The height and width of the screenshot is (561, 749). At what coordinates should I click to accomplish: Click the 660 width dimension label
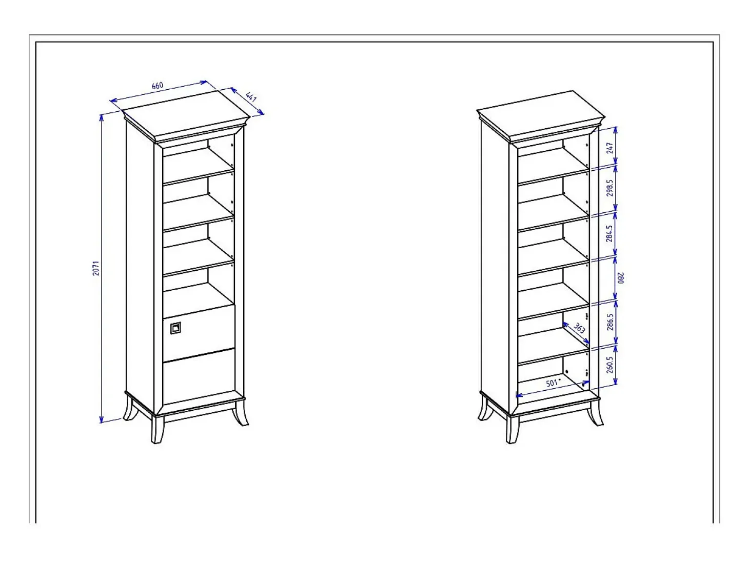pyautogui.click(x=157, y=86)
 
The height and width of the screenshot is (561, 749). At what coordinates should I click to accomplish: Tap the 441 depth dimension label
pyautogui.click(x=251, y=97)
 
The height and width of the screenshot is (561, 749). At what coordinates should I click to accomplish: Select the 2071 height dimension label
pyautogui.click(x=96, y=268)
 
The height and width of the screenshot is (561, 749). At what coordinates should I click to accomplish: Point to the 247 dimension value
pyautogui.click(x=610, y=148)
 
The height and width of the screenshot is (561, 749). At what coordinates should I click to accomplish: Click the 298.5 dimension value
pyautogui.click(x=610, y=188)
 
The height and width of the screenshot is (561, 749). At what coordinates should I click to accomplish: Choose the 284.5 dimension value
pyautogui.click(x=610, y=234)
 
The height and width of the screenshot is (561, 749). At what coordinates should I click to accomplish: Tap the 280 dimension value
pyautogui.click(x=620, y=278)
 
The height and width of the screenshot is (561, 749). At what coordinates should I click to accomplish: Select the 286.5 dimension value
pyautogui.click(x=610, y=322)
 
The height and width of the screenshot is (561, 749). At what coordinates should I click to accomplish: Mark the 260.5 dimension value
pyautogui.click(x=610, y=365)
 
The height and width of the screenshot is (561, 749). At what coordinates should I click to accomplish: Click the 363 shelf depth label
pyautogui.click(x=579, y=328)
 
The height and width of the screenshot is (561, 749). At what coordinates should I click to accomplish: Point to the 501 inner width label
pyautogui.click(x=552, y=383)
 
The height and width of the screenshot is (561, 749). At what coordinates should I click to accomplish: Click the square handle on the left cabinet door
pyautogui.click(x=175, y=328)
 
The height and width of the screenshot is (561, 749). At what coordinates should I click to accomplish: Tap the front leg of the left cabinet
pyautogui.click(x=157, y=429)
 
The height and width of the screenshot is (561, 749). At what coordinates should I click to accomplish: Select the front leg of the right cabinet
pyautogui.click(x=512, y=429)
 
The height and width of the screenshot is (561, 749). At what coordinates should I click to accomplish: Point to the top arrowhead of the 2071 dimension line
pyautogui.click(x=102, y=117)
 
